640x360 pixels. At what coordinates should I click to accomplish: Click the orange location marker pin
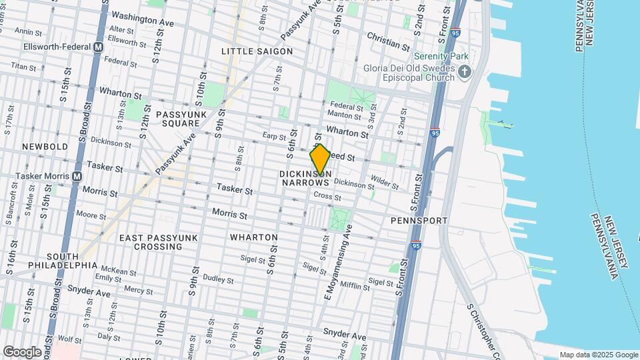tap(320, 160)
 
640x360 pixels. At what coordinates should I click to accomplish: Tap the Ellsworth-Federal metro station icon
tap(98, 47)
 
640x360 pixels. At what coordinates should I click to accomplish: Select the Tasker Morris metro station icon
tap(77, 177)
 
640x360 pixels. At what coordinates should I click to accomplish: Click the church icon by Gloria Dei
tap(465, 71)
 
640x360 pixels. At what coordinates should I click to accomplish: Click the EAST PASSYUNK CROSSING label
tap(151, 242)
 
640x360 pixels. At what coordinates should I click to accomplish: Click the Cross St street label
tap(327, 197)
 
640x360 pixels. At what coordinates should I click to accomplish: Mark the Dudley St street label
tap(218, 279)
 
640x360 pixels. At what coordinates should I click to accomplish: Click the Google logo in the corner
tap(22, 351)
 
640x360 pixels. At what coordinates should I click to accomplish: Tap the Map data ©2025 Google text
tap(598, 355)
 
